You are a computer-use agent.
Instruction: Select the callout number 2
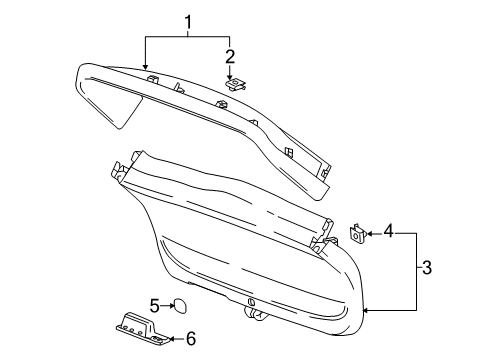[x=230, y=56]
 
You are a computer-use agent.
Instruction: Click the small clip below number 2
[x=236, y=87]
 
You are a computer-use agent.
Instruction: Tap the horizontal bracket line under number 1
[x=187, y=37]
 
